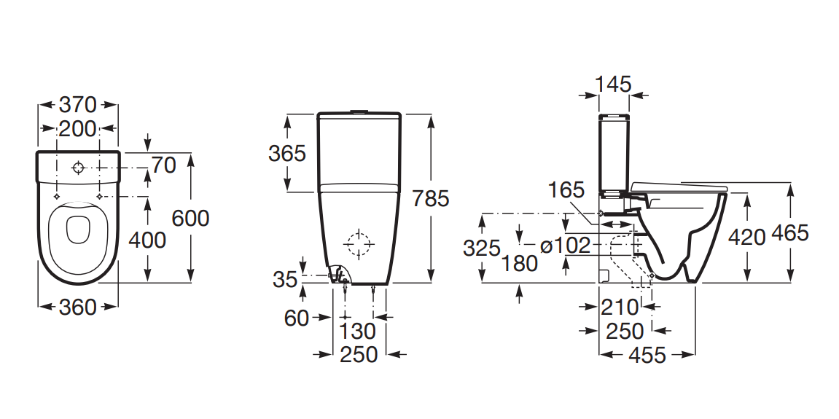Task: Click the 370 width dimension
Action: click(x=77, y=105)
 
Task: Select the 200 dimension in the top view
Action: click(x=77, y=128)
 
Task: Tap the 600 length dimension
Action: click(x=190, y=218)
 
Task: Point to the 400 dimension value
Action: click(x=147, y=240)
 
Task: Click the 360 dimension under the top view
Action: click(x=77, y=307)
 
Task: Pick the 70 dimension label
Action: click(x=163, y=165)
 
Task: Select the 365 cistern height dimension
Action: click(x=286, y=154)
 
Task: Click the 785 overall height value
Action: click(x=431, y=198)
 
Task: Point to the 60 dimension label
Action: click(x=297, y=318)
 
